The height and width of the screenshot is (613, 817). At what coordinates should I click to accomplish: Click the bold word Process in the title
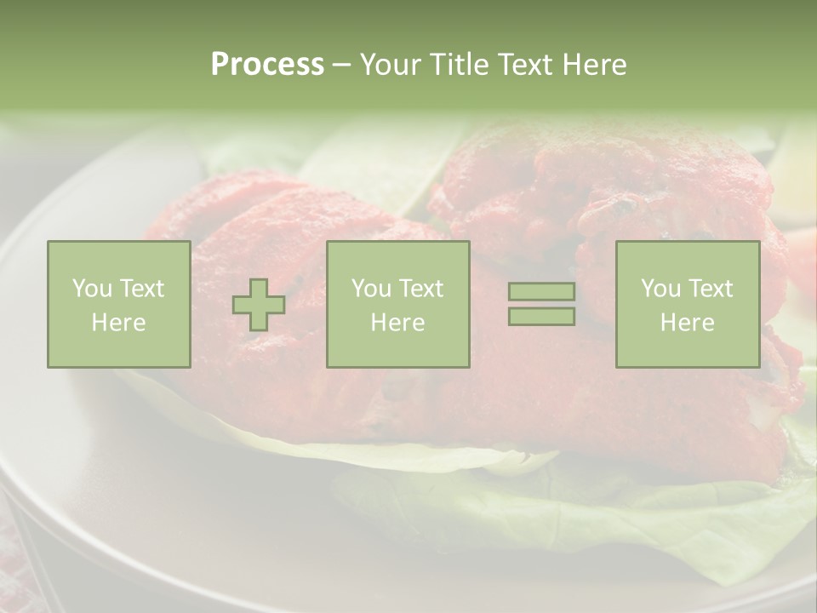267,65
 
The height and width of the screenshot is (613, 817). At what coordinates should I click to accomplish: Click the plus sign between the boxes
259,305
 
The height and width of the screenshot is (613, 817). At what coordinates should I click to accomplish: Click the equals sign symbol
541,304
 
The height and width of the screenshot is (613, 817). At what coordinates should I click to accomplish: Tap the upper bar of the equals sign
541,292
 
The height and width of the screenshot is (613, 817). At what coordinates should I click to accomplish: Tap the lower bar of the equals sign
541,316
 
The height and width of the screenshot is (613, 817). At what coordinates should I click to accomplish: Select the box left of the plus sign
119,304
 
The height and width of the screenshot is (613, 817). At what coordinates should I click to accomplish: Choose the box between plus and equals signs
397,304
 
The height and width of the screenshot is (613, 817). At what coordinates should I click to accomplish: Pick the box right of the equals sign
687,304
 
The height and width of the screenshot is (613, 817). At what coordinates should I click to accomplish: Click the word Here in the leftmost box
119,323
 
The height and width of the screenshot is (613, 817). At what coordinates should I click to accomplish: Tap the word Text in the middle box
421,289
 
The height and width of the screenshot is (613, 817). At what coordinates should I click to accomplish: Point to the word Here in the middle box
397,323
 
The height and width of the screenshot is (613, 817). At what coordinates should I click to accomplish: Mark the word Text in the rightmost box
711,289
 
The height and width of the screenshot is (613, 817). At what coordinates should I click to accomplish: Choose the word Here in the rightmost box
687,323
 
